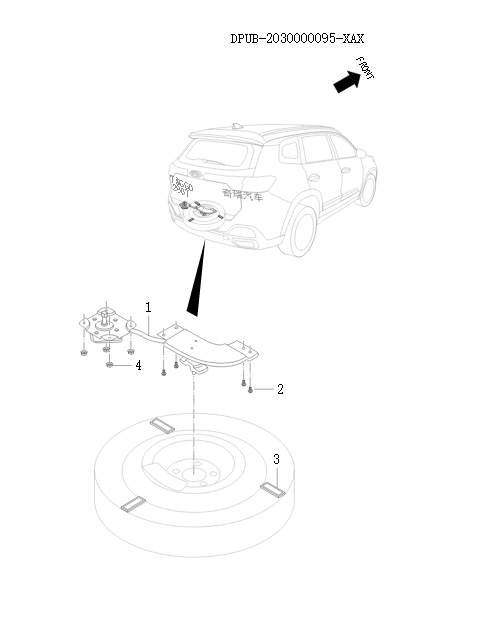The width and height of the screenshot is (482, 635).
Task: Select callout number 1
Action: click(x=148, y=306)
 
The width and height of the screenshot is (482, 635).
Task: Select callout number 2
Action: click(x=280, y=389)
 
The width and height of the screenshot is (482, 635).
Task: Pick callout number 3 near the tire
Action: click(x=276, y=459)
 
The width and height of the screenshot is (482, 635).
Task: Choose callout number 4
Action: click(x=138, y=366)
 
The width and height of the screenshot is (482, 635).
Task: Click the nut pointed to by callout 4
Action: click(x=108, y=365)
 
